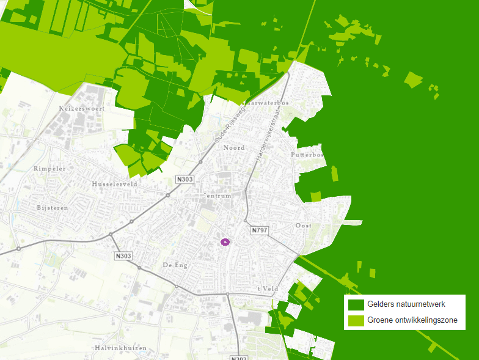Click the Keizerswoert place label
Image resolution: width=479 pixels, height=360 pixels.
(82, 108)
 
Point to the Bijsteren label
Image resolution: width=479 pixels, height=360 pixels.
(52, 208)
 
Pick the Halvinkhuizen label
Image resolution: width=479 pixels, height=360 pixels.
(120, 348)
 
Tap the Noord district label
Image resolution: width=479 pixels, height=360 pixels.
(234, 148)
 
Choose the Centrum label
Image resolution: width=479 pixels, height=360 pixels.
(218, 196)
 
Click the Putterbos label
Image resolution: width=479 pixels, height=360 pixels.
(309, 155)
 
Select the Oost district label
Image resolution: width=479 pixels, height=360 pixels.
(303, 226)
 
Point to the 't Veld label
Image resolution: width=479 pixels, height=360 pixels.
(268, 288)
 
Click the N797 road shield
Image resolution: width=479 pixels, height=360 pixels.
(260, 230)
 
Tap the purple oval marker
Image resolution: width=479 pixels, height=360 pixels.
(225, 242)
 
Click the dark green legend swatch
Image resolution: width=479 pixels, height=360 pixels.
(356, 304)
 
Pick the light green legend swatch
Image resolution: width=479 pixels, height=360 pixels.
(356, 320)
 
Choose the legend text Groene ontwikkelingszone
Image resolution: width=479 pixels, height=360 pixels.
(412, 320)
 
